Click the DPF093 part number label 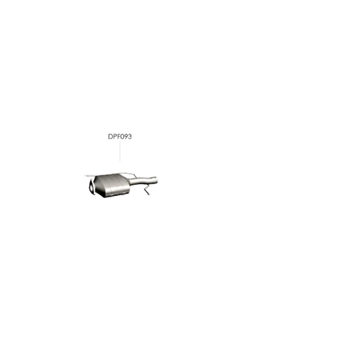point(120,136)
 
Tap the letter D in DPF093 point(110,136)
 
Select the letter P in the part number point(114,136)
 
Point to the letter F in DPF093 point(118,136)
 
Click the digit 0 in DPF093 point(121,136)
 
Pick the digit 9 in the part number point(125,136)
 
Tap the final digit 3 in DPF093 point(129,136)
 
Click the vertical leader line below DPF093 point(120,151)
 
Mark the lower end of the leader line point(120,161)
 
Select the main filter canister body point(112,185)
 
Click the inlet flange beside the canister point(92,187)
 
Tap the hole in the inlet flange point(91,186)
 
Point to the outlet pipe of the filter point(143,181)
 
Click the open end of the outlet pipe point(156,180)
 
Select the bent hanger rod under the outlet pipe point(147,190)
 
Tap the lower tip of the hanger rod point(149,195)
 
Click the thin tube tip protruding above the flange point(86,176)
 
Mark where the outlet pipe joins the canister point(130,182)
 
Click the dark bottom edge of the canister point(116,195)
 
